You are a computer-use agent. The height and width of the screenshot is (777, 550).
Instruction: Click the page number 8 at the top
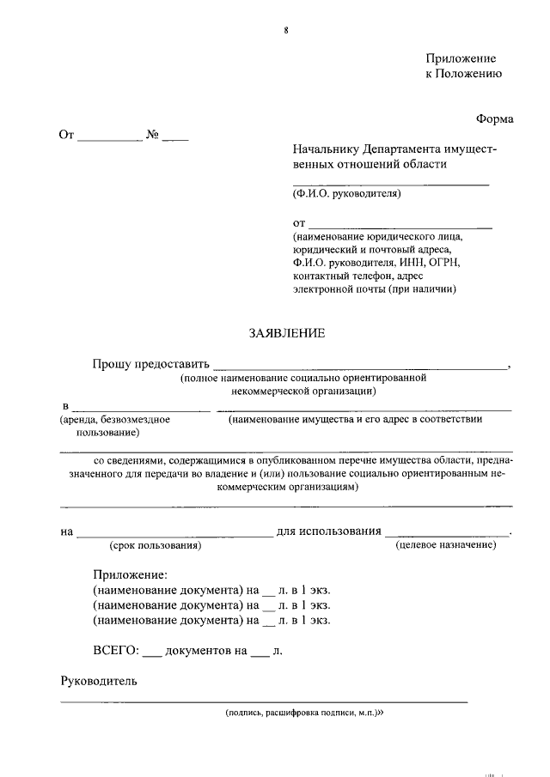(x=286, y=31)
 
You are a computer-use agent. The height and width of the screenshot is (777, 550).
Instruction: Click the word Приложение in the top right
(x=461, y=58)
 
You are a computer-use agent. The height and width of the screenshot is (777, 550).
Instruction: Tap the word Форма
(x=494, y=119)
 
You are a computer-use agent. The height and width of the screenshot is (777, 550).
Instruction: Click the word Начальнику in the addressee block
(x=326, y=149)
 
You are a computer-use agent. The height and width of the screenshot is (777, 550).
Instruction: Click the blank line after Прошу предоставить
(x=360, y=366)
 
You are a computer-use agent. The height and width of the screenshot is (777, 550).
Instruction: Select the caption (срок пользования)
(x=155, y=545)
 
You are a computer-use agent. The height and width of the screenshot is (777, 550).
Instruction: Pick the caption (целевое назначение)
(x=445, y=545)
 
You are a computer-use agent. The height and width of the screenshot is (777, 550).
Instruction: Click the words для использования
(x=328, y=531)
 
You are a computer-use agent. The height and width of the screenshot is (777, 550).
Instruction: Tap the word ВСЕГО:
(x=115, y=651)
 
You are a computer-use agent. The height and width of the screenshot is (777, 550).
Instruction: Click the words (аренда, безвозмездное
(x=114, y=420)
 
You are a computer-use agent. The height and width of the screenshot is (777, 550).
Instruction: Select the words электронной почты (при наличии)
(x=374, y=289)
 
